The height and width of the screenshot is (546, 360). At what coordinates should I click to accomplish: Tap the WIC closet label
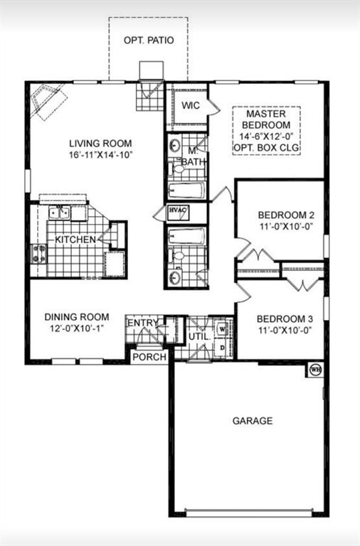pyautogui.click(x=189, y=105)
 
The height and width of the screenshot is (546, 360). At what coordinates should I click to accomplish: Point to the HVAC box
pyautogui.click(x=176, y=211)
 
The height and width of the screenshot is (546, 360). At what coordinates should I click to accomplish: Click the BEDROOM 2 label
pyautogui.click(x=280, y=215)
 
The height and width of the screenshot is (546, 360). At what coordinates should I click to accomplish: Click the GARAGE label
pyautogui.click(x=253, y=421)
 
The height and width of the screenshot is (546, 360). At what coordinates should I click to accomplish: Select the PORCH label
pyautogui.click(x=149, y=357)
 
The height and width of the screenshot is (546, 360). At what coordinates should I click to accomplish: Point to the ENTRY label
pyautogui.click(x=142, y=323)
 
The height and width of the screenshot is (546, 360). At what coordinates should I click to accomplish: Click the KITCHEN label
pyautogui.click(x=75, y=240)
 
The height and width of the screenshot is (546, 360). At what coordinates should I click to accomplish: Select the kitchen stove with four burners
pyautogui.click(x=38, y=253)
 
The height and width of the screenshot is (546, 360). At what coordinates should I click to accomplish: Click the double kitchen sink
pyautogui.click(x=59, y=212)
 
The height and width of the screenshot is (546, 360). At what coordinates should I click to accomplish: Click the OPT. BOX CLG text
pyautogui.click(x=267, y=148)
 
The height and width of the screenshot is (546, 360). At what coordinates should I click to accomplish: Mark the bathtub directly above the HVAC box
pyautogui.click(x=187, y=191)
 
